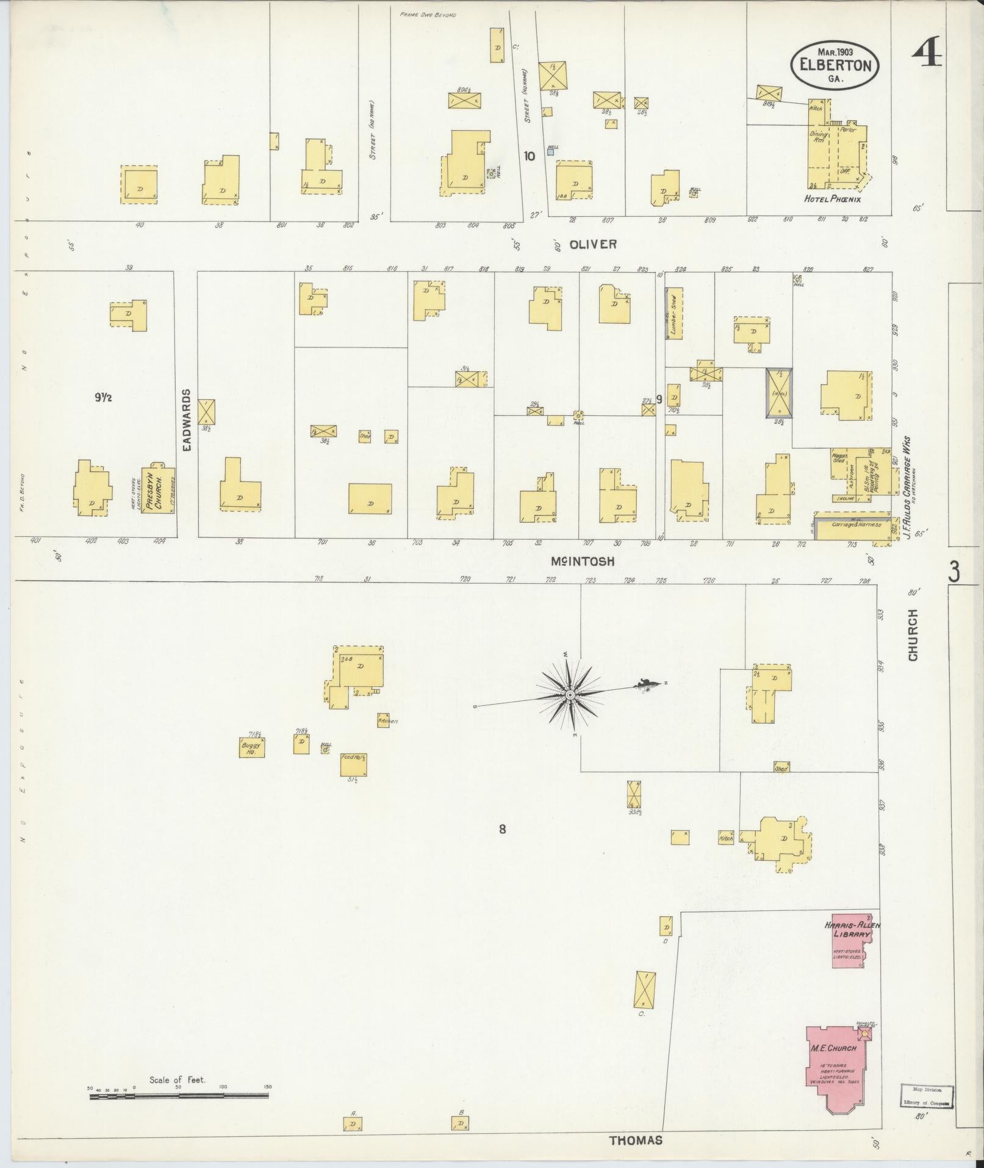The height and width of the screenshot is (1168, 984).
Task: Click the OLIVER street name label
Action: click(593, 244)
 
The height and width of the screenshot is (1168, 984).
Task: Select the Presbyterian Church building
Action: click(157, 489)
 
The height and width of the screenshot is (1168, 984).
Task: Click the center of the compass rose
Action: click(570, 695)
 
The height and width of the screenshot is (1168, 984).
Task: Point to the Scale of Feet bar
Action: click(179, 1095)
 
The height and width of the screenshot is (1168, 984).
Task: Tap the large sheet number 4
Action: click(926, 53)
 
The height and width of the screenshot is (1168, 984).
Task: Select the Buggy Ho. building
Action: click(251, 747)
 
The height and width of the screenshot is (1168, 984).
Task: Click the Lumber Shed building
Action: click(673, 313)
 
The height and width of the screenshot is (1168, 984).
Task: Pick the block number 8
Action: click(502, 829)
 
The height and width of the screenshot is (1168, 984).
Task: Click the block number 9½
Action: click(102, 397)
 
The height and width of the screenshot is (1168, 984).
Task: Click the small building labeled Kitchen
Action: click(382, 720)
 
